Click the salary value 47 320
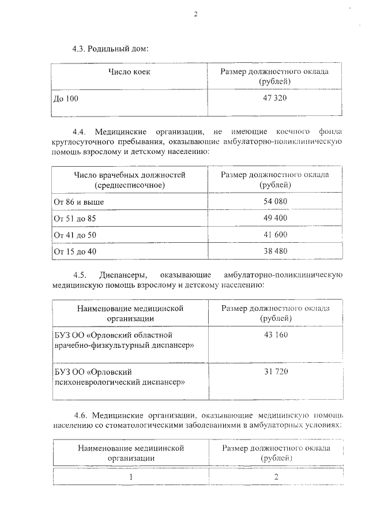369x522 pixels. coord(275,98)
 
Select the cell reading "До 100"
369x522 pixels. coord(65,99)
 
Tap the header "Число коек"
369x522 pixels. coord(130,72)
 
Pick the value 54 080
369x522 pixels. coord(275,201)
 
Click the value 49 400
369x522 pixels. coord(275,218)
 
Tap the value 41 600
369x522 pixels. coord(275,235)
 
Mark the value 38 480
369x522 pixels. coord(275,251)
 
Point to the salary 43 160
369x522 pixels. coord(275,335)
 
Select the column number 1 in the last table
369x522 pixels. coord(130,477)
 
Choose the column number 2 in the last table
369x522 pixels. coord(276,477)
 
